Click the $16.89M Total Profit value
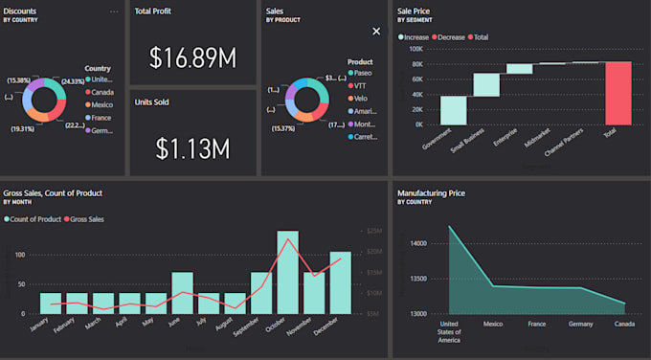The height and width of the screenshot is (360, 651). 193,59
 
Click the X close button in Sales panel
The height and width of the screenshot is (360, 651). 376,31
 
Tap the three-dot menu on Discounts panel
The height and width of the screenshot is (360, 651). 114,11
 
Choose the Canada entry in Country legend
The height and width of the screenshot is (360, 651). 101,93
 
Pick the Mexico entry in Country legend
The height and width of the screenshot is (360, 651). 101,105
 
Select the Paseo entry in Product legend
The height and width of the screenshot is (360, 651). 364,73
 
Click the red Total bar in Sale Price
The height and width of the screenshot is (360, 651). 618,93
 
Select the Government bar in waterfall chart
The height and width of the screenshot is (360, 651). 454,110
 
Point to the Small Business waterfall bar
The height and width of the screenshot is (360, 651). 486,84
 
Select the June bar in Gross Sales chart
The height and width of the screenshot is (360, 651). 182,292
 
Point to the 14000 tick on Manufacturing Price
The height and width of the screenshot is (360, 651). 418,244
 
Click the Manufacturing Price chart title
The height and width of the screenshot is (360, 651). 431,192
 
